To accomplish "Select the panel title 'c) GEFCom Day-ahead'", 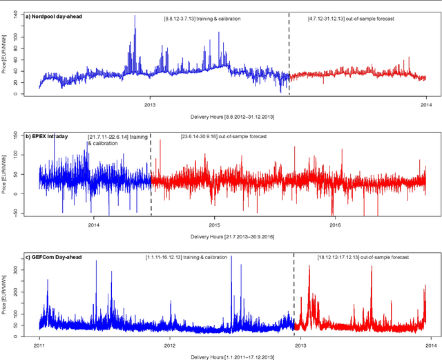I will [x=53, y=258].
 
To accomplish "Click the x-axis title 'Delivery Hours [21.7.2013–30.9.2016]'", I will [x=232, y=236].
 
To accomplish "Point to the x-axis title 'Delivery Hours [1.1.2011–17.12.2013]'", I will [x=232, y=357].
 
